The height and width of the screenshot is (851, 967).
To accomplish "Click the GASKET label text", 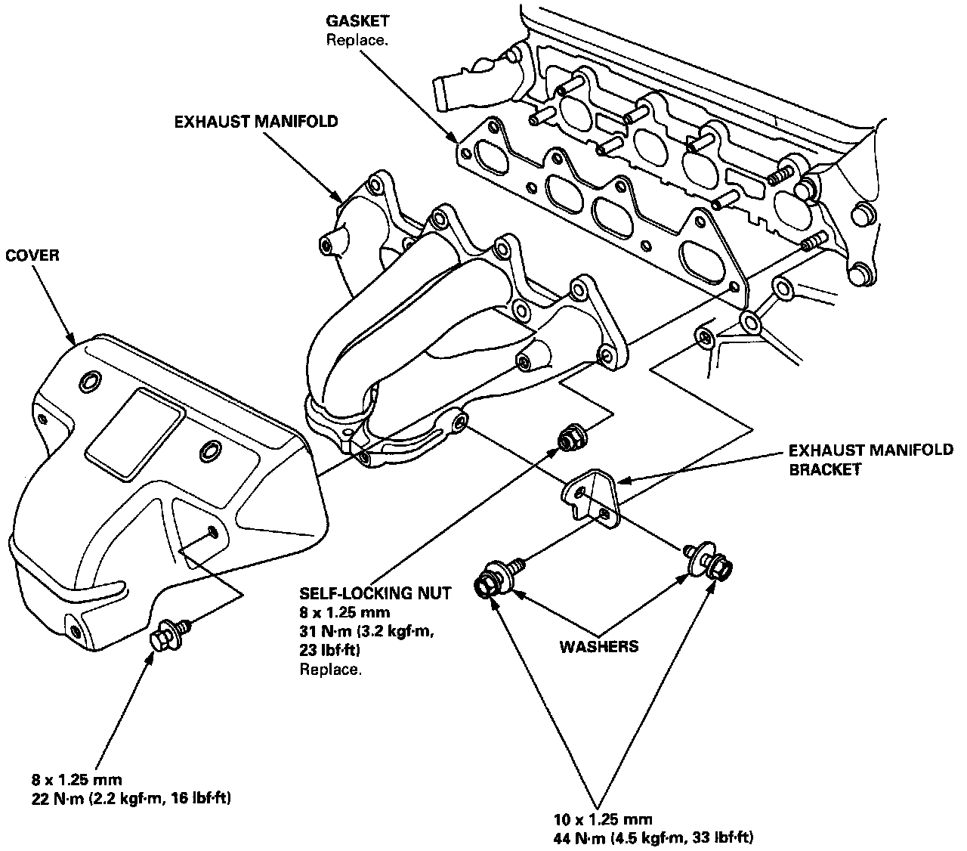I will (357, 22).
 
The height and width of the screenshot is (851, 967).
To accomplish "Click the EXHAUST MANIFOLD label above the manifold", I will (256, 122).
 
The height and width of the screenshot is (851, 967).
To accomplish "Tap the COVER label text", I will (32, 255).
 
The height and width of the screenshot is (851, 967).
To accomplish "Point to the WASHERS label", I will (598, 646).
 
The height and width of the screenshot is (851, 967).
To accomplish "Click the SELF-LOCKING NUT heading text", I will (375, 593).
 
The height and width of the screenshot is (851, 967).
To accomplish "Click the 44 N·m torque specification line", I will (653, 837).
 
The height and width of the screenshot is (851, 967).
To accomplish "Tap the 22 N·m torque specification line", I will (131, 798).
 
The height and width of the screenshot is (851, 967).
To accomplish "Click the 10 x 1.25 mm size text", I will (601, 819).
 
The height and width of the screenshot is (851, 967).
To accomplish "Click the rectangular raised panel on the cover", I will (134, 434).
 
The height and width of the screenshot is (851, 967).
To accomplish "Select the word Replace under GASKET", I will (357, 39).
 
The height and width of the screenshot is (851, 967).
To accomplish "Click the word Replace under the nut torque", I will (330, 670).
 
